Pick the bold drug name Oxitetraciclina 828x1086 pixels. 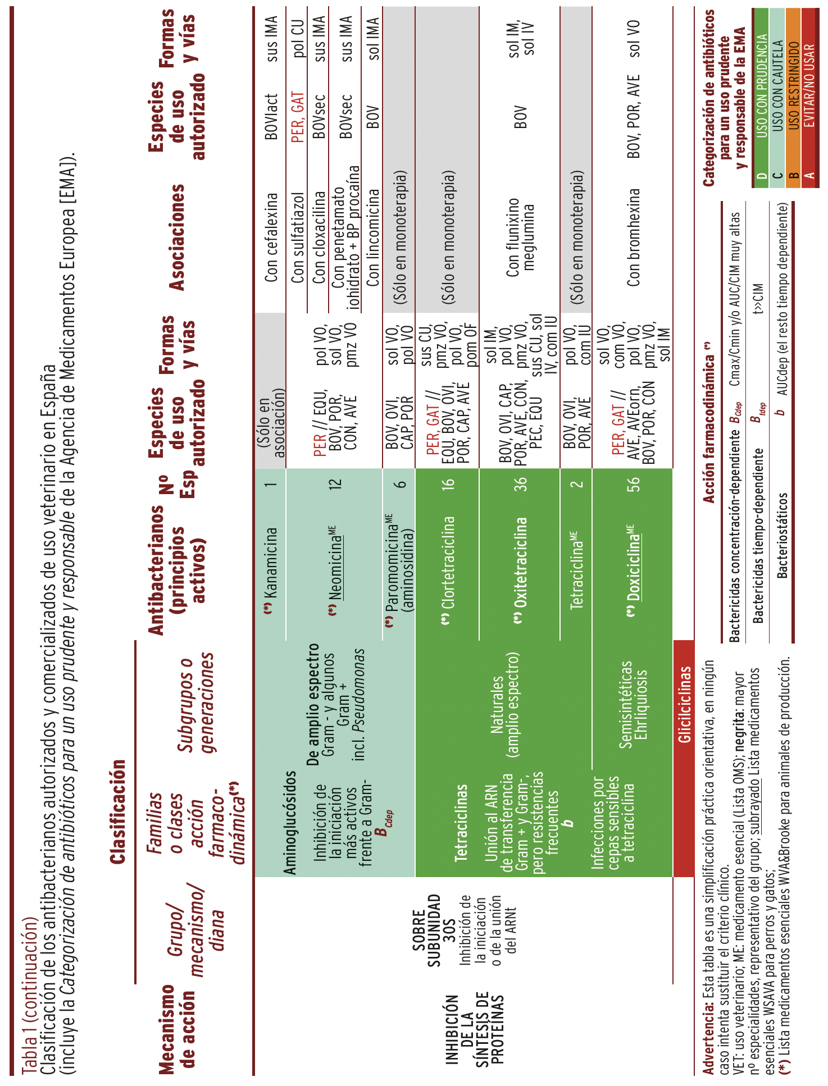click(x=521, y=562)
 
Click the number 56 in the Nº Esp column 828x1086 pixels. click(x=633, y=484)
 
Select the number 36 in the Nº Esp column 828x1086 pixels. click(x=521, y=484)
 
